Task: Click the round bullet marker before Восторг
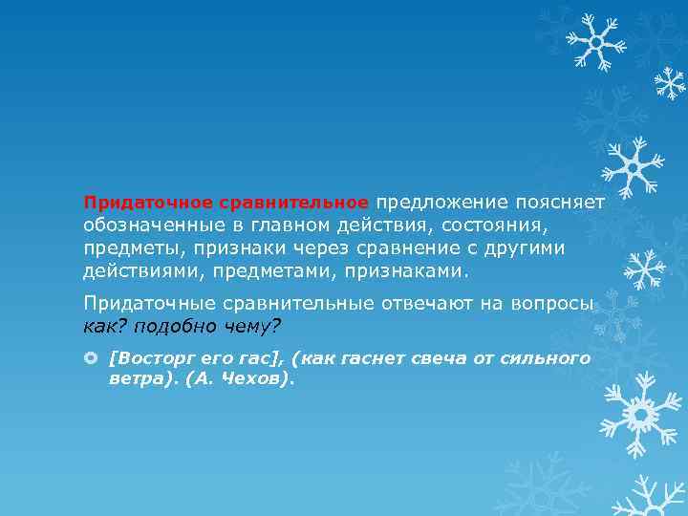(x=92, y=357)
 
